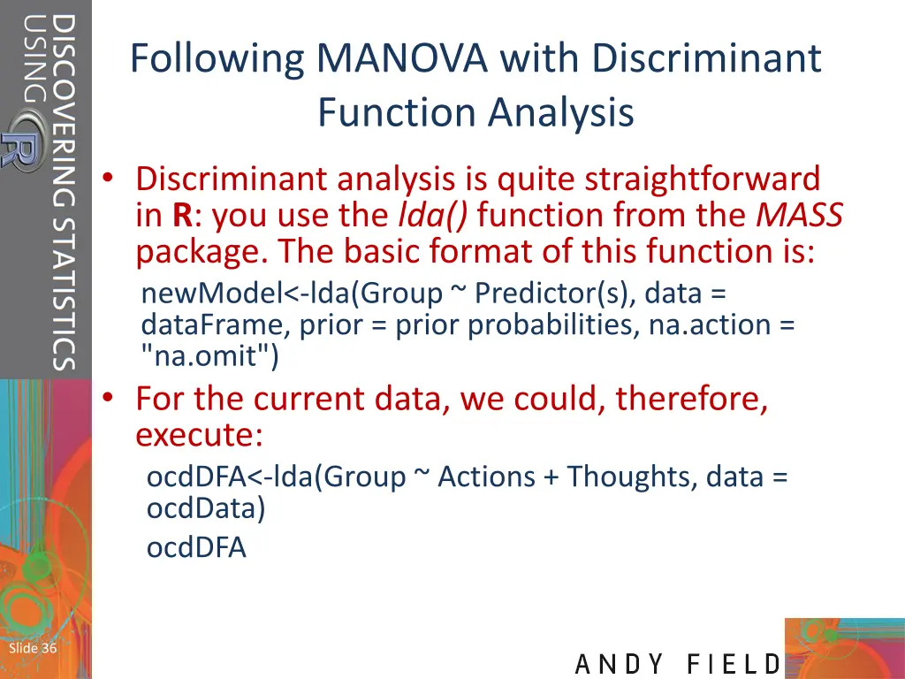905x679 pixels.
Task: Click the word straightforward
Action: [x=698, y=179]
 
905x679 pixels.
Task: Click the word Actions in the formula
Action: [x=486, y=477]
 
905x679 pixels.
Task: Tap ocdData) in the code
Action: [x=205, y=508]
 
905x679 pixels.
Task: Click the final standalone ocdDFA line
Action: [x=196, y=548]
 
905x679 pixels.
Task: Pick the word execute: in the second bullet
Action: [x=199, y=436]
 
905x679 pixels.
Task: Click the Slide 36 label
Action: [x=33, y=649]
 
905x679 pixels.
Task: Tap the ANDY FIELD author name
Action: [x=678, y=664]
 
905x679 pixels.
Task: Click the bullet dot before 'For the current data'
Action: [x=107, y=399]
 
